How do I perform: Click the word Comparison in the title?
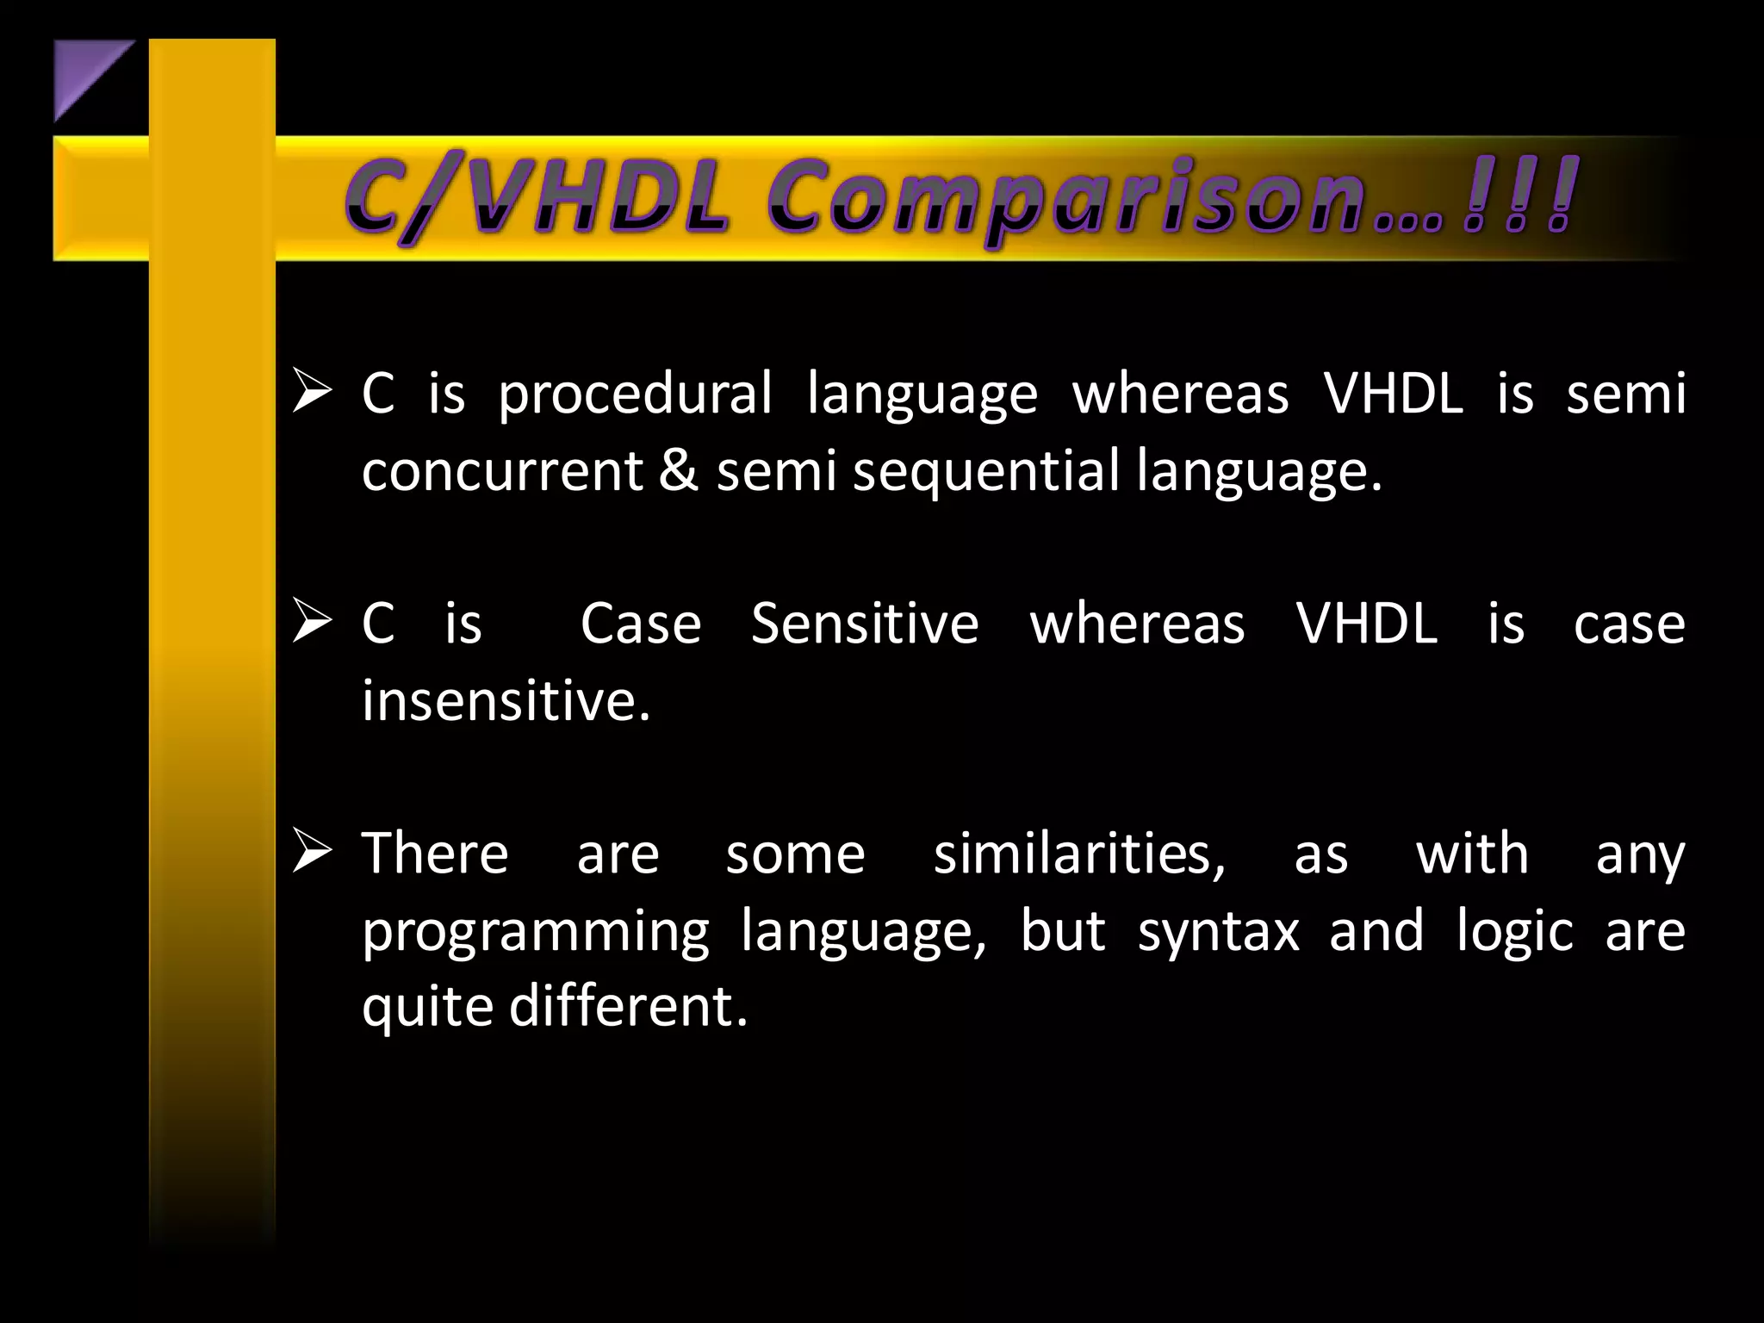[1068, 200]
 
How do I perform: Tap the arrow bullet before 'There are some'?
[312, 850]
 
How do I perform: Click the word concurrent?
[502, 472]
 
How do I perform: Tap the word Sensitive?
[865, 624]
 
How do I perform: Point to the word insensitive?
[505, 700]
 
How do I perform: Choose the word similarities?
[1079, 854]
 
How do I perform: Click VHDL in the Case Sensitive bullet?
[1367, 624]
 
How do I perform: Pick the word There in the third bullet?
[435, 854]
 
